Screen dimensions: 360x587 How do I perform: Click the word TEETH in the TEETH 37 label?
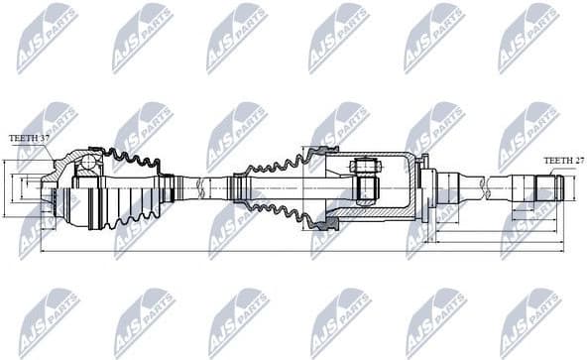pos(22,138)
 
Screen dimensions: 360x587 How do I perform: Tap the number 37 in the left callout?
pos(45,138)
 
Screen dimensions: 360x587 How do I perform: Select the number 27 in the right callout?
pos(577,160)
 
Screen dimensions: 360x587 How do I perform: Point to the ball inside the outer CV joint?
pos(86,162)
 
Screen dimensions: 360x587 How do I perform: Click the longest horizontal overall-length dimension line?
pos(297,252)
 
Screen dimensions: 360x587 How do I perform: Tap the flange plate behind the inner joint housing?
pos(423,188)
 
